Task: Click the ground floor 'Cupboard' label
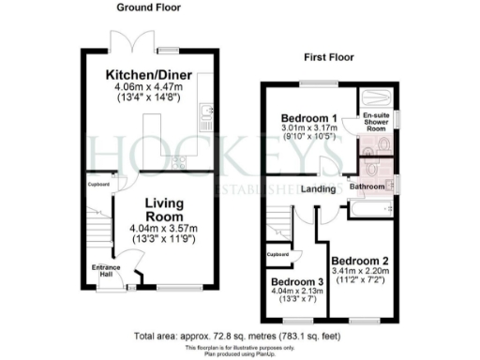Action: pos(98,184)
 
